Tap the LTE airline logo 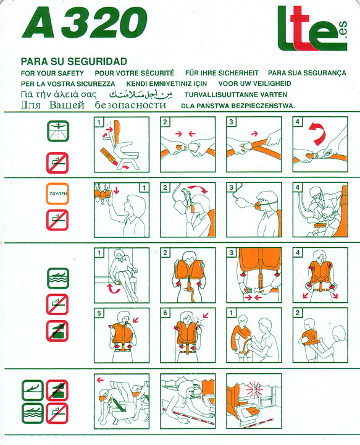[x=312, y=28]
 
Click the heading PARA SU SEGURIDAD [x=74, y=61]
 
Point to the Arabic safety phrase [x=141, y=94]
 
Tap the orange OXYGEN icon [x=57, y=193]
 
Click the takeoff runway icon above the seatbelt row [x=58, y=131]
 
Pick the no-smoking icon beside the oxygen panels [x=57, y=220]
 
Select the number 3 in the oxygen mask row [x=231, y=187]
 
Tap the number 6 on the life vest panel [x=165, y=313]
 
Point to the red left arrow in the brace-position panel [x=100, y=380]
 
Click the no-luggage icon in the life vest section [x=57, y=331]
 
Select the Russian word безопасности [x=130, y=105]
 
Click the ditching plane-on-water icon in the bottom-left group [x=33, y=413]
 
